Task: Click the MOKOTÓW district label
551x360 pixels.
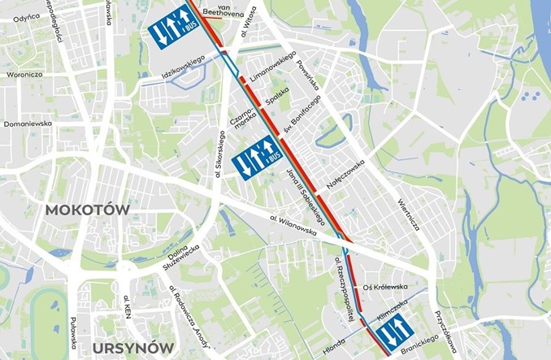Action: pos(87,209)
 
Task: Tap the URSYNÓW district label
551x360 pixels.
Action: pos(132,348)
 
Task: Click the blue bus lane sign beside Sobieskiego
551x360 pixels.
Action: pos(255,161)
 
